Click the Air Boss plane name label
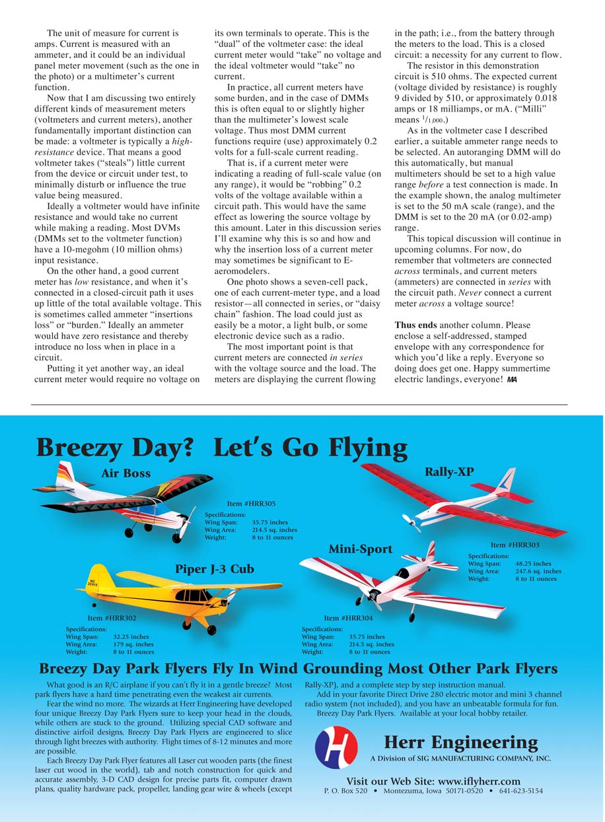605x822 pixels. (125, 473)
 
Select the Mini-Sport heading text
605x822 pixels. (361, 549)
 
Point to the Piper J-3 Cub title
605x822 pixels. (214, 569)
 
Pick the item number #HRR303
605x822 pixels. (515, 545)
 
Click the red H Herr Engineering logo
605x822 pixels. (336, 747)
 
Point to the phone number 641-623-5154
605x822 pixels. (520, 791)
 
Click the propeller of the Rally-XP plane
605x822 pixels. (411, 522)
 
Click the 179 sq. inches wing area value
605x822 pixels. (133, 644)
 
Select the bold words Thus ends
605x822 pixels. (415, 325)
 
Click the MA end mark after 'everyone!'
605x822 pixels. (513, 380)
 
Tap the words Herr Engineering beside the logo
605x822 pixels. (460, 743)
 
